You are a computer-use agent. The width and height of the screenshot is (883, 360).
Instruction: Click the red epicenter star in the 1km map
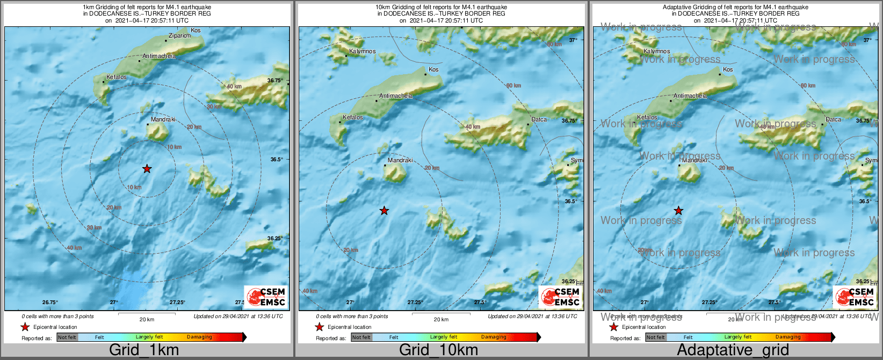tap(147, 169)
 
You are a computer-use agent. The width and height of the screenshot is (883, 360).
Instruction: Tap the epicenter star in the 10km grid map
tap(384, 211)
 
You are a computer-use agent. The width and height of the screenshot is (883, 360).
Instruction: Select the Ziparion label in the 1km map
tap(179, 36)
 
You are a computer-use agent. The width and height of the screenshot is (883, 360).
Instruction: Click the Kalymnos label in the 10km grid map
tap(363, 52)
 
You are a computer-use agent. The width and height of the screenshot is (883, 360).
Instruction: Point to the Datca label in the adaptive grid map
tap(833, 120)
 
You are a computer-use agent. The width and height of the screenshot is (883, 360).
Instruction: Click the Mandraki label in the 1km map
tap(163, 120)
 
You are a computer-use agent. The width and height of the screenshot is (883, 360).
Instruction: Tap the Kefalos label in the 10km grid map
tap(353, 118)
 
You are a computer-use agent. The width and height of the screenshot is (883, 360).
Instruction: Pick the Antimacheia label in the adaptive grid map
tap(690, 96)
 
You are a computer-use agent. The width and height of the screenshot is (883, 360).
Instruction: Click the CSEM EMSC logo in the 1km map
tap(266, 297)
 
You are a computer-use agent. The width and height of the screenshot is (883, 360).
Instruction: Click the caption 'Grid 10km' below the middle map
tap(438, 350)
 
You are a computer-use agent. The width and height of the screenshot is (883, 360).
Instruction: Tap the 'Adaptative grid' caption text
tap(733, 350)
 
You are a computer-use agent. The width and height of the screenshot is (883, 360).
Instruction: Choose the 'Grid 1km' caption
tap(144, 350)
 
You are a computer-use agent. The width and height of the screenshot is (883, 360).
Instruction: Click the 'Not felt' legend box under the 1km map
tap(67, 337)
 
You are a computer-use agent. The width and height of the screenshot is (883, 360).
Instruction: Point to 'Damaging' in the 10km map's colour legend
tap(494, 337)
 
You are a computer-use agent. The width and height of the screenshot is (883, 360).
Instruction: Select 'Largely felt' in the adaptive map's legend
tap(738, 337)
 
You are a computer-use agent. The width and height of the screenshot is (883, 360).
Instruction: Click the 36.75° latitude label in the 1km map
tap(274, 81)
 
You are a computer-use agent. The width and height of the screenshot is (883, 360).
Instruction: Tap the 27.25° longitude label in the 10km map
tap(415, 303)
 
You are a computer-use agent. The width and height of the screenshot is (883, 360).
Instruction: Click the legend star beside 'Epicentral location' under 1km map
tap(25, 327)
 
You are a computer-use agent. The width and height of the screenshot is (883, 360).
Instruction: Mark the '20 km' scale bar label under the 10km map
tap(441, 320)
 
